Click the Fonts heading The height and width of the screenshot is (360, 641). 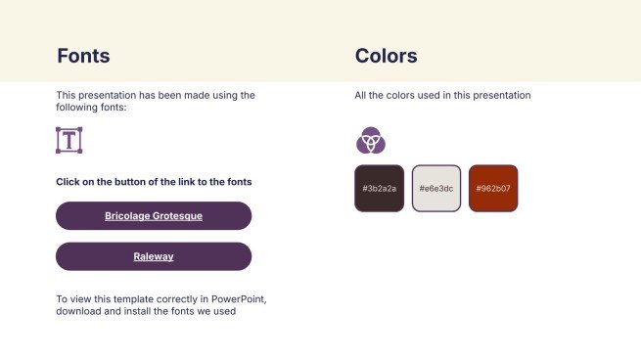tap(83, 56)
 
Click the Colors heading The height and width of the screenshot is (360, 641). tap(386, 56)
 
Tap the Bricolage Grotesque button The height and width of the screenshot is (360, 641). tap(154, 215)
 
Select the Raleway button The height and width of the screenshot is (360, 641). tap(154, 256)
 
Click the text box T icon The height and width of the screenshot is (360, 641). tap(69, 140)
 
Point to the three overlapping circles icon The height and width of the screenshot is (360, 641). tap(370, 141)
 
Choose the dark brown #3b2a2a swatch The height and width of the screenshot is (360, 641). tap(379, 188)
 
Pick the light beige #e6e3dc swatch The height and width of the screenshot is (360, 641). tap(436, 188)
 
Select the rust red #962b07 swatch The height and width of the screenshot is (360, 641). tap(493, 188)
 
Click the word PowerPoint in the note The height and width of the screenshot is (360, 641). tap(232, 298)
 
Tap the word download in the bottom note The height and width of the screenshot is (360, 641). tap(79, 311)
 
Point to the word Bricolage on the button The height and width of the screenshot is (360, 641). tap(128, 215)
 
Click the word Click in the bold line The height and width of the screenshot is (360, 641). tap(68, 182)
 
